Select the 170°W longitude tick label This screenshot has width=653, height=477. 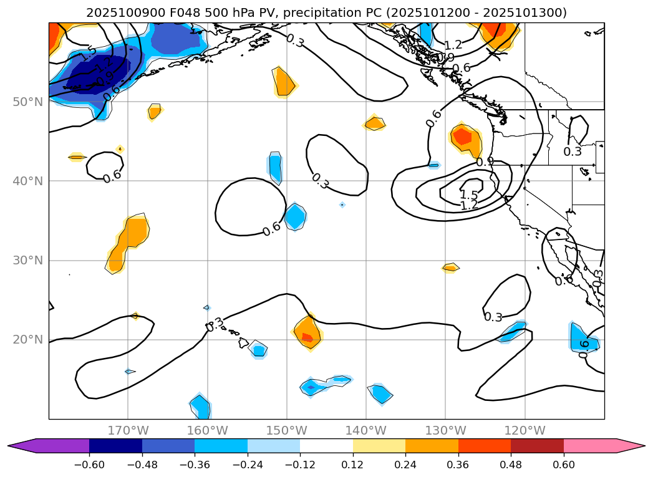[x=128, y=430]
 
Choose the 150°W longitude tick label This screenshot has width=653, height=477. [x=287, y=430]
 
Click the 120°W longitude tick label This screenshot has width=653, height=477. [x=525, y=430]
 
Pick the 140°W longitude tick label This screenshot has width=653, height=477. [x=366, y=430]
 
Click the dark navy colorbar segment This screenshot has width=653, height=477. [x=115, y=445]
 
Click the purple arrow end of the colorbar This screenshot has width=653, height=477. [x=22, y=445]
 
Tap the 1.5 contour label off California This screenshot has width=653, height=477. [x=468, y=195]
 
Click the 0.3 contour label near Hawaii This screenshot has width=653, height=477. [x=215, y=324]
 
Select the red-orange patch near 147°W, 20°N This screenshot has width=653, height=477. [x=307, y=337]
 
